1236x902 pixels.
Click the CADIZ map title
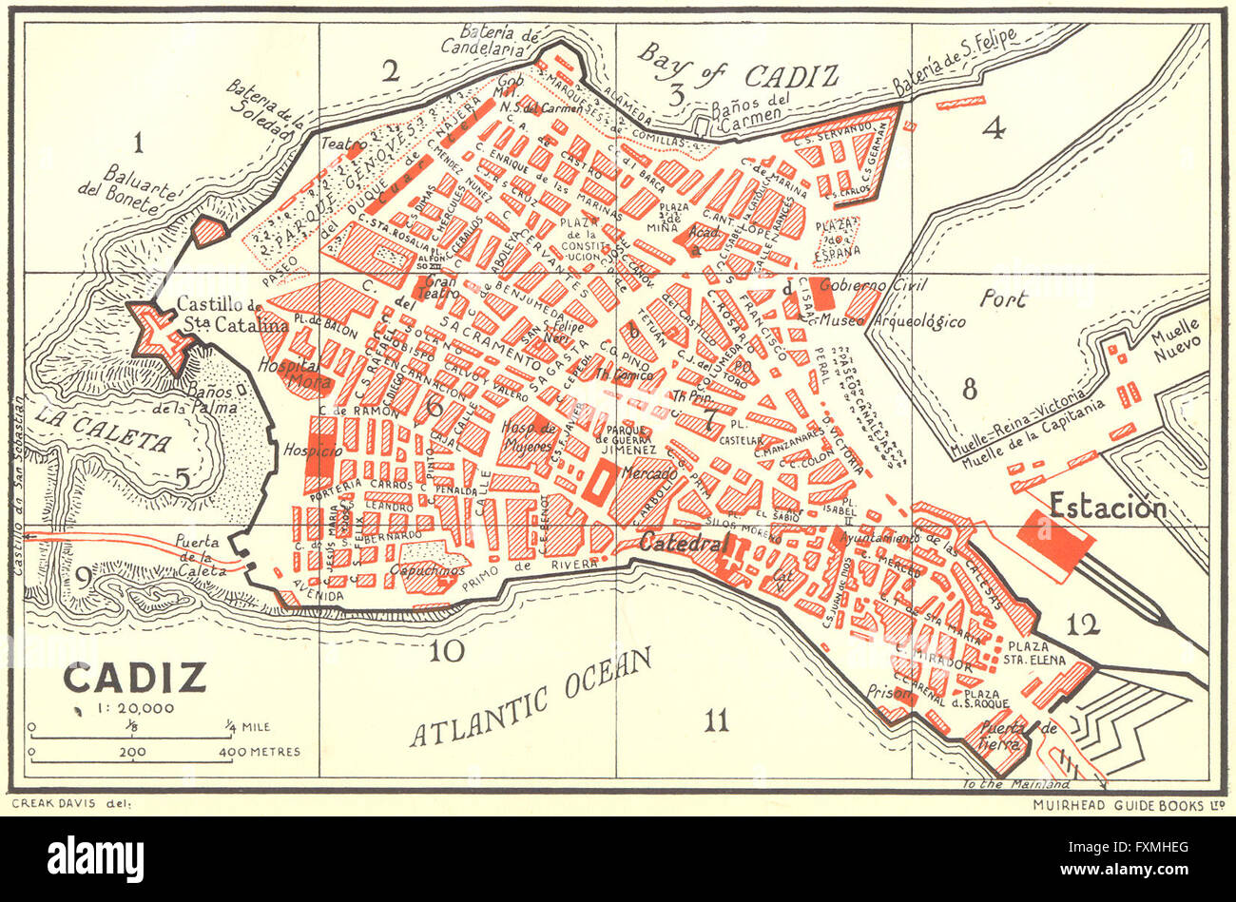click(135, 679)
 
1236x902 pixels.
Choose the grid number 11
click(716, 721)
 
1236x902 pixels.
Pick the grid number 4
click(993, 128)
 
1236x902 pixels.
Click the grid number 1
click(139, 144)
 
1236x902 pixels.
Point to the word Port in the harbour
click(1005, 299)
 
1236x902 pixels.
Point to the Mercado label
click(650, 472)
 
